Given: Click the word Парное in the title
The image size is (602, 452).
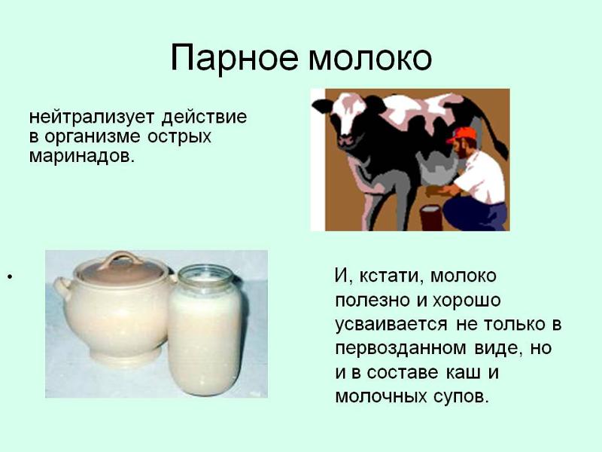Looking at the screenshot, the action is pos(234,59).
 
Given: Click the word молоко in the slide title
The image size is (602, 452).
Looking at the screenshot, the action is pos(369,59).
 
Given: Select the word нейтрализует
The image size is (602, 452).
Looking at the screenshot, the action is pos(92,117).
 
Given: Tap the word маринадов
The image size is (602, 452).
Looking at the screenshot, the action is pos(82,155).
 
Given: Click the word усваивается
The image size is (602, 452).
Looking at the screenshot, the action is pos(391,325).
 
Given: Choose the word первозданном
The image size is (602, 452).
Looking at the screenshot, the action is pos(400,349).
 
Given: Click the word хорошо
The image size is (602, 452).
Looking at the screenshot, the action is pos(467,301).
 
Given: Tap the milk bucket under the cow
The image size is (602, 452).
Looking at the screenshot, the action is pos(431,218).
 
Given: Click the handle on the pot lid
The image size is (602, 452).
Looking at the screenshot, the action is pos(121,259).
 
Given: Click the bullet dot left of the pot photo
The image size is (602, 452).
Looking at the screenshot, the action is pos(10,276).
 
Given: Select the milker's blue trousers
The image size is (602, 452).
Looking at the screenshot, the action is pos(476,216).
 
